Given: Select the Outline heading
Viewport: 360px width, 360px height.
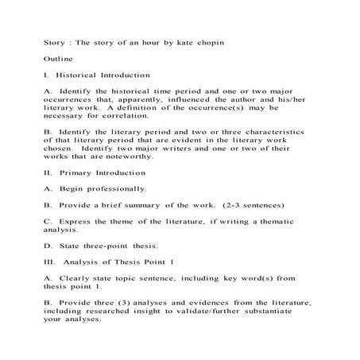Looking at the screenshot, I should pyautogui.click(x=58, y=59).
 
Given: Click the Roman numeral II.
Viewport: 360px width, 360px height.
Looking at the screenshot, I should pyautogui.click(x=47, y=172).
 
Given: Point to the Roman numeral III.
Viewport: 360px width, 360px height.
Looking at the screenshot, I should pyautogui.click(x=48, y=261).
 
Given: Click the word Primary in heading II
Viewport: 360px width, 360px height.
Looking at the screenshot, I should pyautogui.click(x=78, y=172).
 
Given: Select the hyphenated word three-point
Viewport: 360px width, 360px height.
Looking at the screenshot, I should pyautogui.click(x=100, y=246).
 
